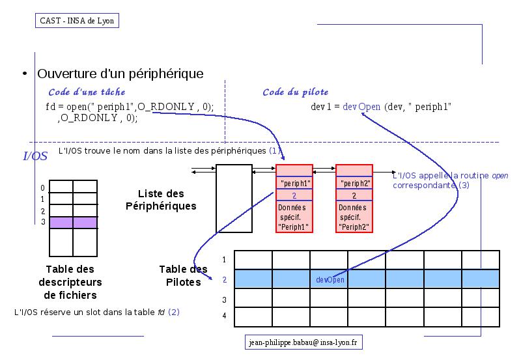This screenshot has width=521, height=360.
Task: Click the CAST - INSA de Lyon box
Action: [x=77, y=21]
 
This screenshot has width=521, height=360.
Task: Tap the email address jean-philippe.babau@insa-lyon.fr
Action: [x=303, y=342]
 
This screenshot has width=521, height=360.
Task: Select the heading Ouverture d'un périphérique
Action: [x=120, y=74]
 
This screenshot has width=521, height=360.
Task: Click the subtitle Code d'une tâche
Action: [x=87, y=92]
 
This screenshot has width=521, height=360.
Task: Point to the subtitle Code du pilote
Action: [x=296, y=92]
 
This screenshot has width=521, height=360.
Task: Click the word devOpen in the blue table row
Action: [x=330, y=280]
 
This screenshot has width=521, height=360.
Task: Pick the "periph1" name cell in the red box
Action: [x=294, y=183]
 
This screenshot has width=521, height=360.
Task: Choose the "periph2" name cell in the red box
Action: [x=354, y=183]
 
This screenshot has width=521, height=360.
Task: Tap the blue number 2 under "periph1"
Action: [x=294, y=195]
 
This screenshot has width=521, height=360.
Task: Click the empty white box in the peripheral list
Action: [x=234, y=199]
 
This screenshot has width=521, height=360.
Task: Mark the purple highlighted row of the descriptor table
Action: [x=74, y=223]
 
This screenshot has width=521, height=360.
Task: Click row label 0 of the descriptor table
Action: [x=42, y=188]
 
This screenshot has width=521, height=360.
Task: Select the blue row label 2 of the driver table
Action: [x=225, y=280]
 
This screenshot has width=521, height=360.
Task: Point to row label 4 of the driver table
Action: [x=224, y=316]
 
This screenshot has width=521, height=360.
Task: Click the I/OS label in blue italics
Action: [x=35, y=156]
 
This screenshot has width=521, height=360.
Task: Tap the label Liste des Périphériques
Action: [x=161, y=200]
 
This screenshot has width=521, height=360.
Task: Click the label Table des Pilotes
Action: [x=184, y=275]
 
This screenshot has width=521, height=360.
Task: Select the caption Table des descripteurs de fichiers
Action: [x=70, y=282]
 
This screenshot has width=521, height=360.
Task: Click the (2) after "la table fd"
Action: [x=174, y=312]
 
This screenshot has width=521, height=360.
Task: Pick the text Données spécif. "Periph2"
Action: [x=354, y=217]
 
